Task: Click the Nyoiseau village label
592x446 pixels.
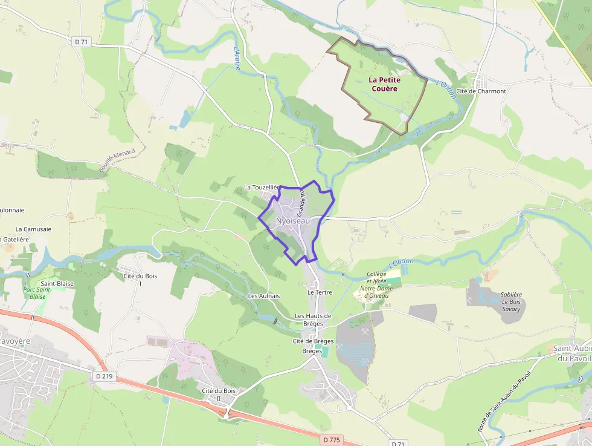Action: coord(292,221)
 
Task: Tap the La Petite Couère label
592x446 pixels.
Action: coord(384,84)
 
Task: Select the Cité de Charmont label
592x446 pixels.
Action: coord(481,91)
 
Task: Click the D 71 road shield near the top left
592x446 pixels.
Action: coord(80,42)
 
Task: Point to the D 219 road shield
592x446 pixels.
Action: coord(104,376)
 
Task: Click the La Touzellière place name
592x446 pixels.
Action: coord(262,188)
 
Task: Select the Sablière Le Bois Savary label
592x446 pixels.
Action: coord(512,301)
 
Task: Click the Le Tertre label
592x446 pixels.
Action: coord(320,292)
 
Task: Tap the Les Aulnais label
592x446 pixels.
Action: coord(264,296)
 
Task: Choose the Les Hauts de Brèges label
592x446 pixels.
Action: coord(313,320)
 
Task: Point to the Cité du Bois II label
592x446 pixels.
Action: coord(219,395)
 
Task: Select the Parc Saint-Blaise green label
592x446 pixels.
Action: coord(37,293)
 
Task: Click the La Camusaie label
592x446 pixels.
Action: coord(33,229)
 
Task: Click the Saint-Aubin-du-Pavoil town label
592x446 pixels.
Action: coord(571,353)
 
